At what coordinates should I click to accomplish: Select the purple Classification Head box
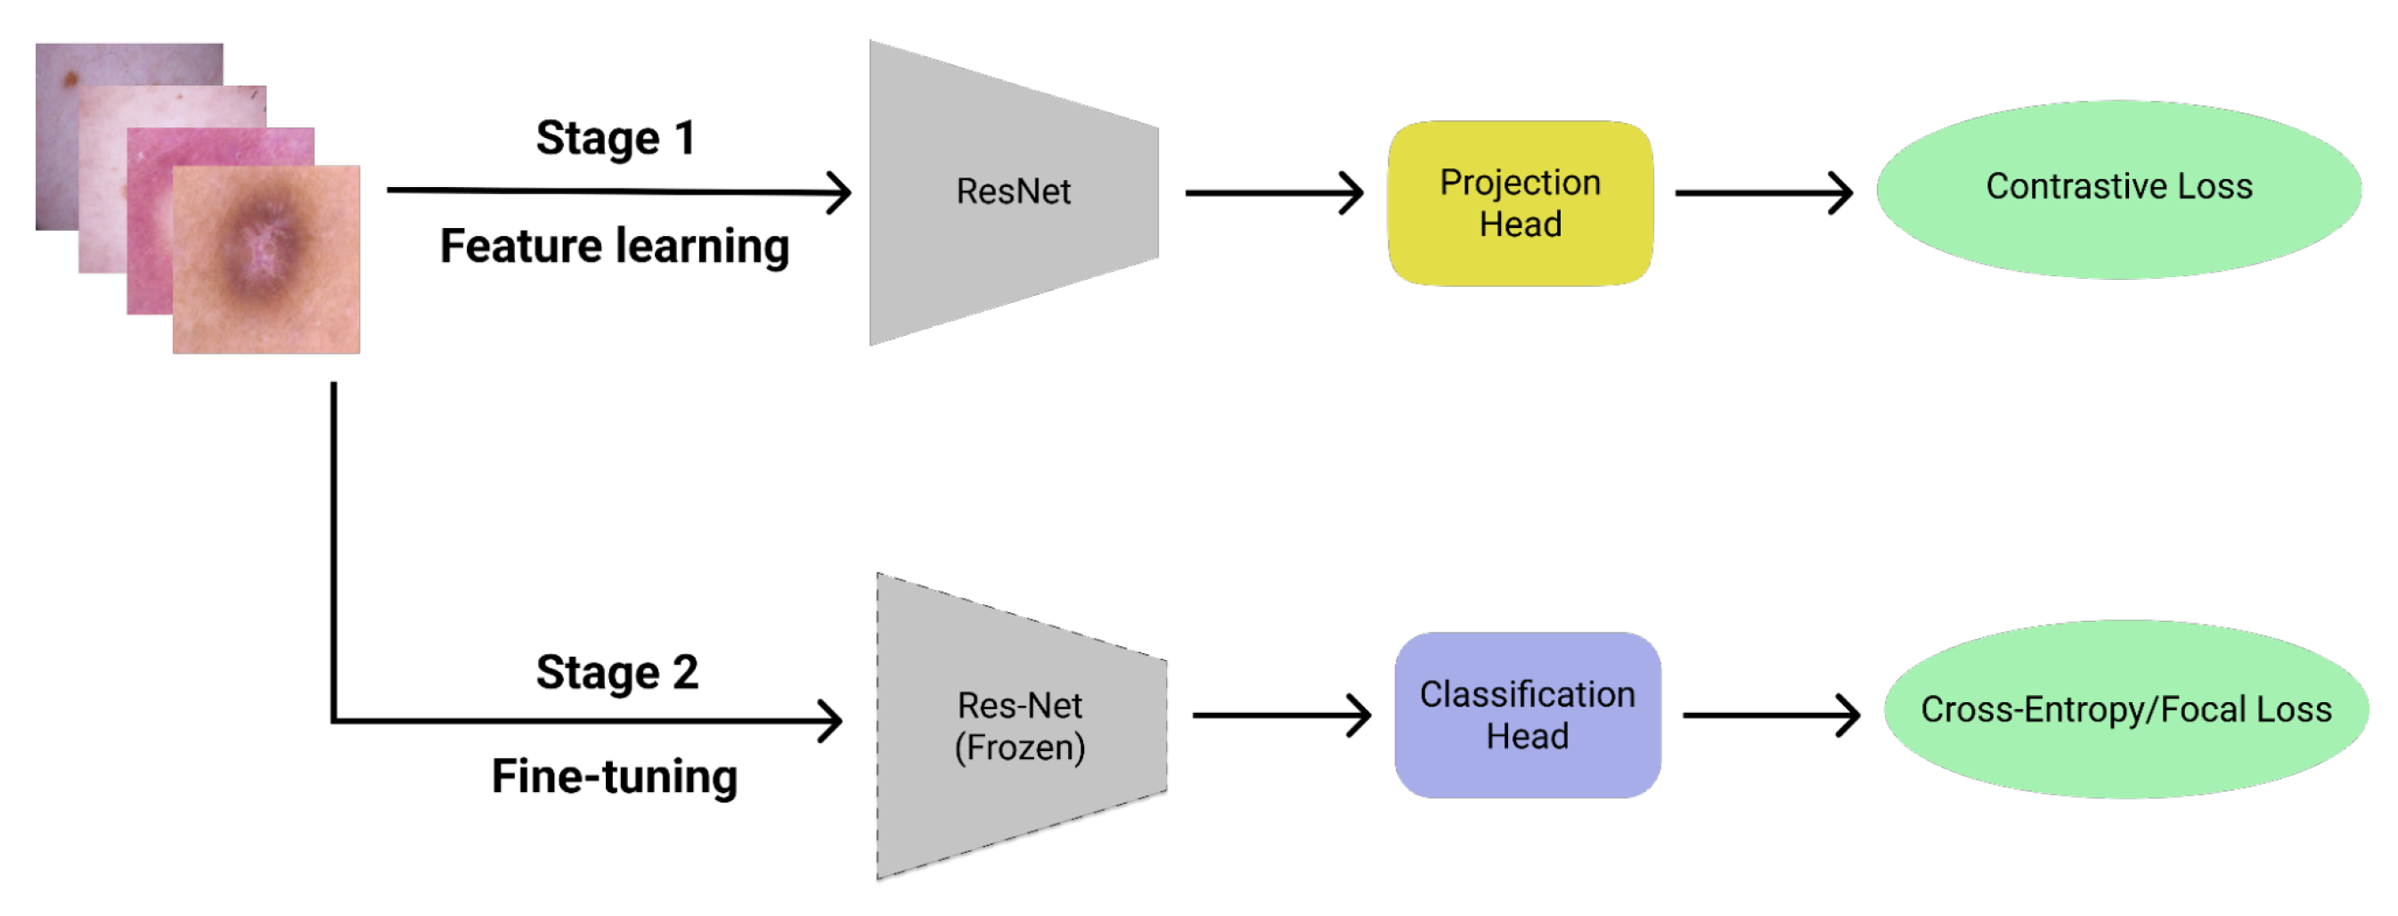tap(1527, 715)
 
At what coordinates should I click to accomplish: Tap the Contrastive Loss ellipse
tap(2118, 188)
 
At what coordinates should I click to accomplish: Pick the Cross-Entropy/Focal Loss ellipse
tap(2125, 709)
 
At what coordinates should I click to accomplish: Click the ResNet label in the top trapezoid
tap(1013, 192)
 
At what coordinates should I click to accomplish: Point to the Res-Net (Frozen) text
tap(1019, 726)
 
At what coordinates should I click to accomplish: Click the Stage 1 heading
tap(616, 139)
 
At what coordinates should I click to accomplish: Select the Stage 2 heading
tap(616, 672)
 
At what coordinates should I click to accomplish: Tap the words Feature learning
tap(615, 247)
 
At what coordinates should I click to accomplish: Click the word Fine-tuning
tap(615, 776)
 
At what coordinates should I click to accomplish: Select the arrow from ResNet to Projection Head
tap(1274, 192)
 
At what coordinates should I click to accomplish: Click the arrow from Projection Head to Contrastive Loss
tap(1762, 192)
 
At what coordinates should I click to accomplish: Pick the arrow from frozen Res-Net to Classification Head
tap(1281, 715)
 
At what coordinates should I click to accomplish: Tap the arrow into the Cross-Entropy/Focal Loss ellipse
tap(1770, 715)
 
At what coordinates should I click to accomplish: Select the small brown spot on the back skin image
tap(69, 78)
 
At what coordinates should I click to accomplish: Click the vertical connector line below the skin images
tap(333, 549)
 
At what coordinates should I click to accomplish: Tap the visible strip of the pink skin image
tap(149, 233)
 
